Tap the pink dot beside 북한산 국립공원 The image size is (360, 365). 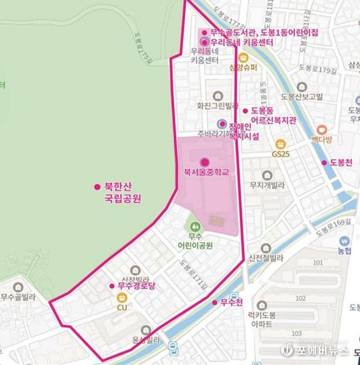98,186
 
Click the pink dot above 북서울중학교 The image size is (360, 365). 205,162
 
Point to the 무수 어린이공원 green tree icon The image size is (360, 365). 194,226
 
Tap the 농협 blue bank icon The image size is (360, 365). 345,241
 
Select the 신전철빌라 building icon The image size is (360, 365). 266,248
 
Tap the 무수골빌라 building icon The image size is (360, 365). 18,286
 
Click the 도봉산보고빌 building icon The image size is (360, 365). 301,87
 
